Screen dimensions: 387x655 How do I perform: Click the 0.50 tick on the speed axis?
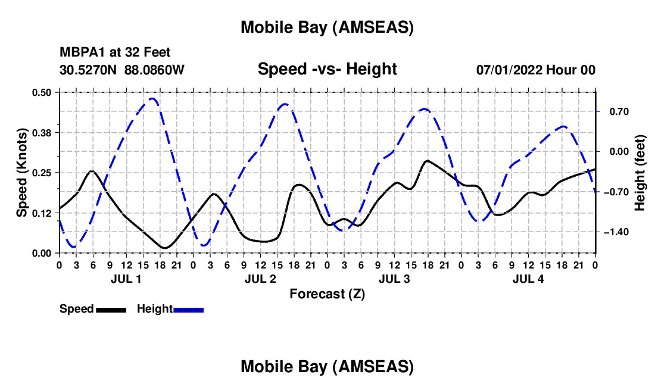[44, 92]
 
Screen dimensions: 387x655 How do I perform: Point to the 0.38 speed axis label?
[44, 132]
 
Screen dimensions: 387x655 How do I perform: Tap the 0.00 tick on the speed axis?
[44, 253]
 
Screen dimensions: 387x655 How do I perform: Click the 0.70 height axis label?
[615, 111]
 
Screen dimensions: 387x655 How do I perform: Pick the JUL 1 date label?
[126, 279]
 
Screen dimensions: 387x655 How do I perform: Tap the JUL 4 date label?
[528, 279]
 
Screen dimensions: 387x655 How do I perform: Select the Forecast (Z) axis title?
[327, 294]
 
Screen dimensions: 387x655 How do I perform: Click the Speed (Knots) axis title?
[22, 173]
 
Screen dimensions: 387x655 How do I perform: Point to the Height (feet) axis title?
[640, 173]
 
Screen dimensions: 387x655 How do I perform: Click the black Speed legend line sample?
[111, 310]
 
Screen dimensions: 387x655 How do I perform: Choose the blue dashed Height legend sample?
[188, 310]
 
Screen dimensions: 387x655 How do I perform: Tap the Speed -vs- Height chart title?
[327, 69]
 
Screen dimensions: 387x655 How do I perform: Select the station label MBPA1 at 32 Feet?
[115, 53]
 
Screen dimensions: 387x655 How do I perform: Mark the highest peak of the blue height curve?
[152, 98]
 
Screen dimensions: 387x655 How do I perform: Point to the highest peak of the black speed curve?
[426, 161]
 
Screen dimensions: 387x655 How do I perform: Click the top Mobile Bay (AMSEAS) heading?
[327, 27]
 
